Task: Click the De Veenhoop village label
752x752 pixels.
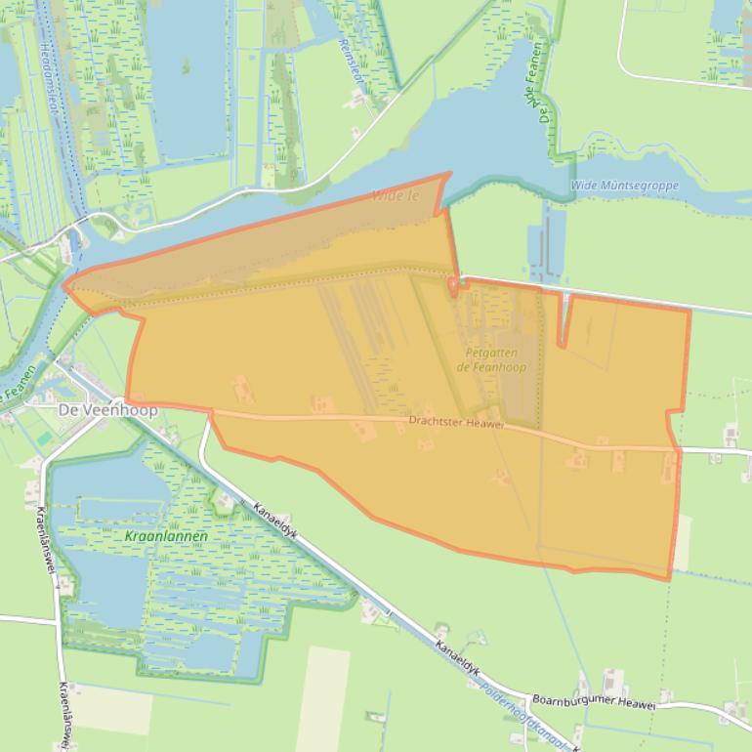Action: (x=107, y=410)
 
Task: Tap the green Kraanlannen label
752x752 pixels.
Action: (x=159, y=537)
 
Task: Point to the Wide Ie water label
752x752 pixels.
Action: (x=395, y=195)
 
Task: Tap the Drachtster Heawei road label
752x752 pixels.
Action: (x=456, y=424)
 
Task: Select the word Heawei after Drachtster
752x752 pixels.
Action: (x=487, y=425)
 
